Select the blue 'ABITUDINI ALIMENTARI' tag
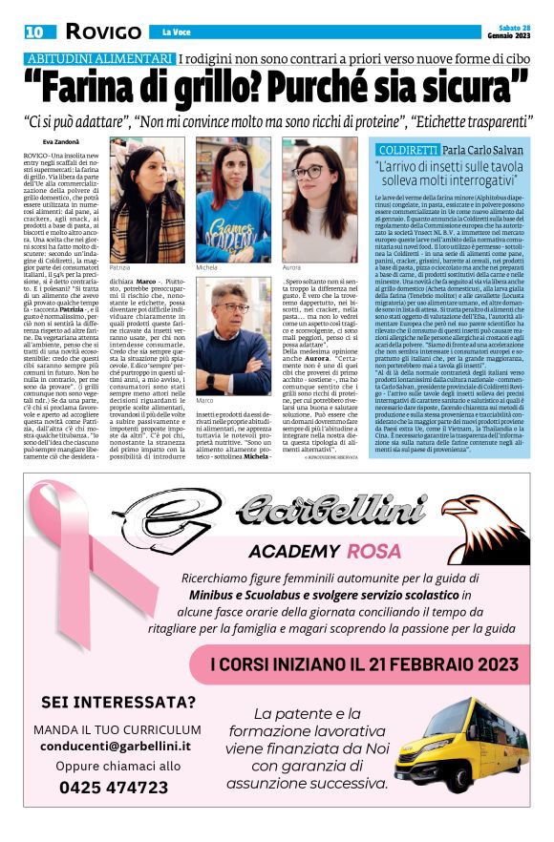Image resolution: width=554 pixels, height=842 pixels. (x=98, y=59)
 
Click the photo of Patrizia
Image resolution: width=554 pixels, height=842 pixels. (x=147, y=201)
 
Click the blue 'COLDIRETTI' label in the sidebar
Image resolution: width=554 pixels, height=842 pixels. (x=408, y=151)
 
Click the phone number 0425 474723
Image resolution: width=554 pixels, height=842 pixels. (x=114, y=788)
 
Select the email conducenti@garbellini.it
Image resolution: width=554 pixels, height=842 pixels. (x=117, y=746)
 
